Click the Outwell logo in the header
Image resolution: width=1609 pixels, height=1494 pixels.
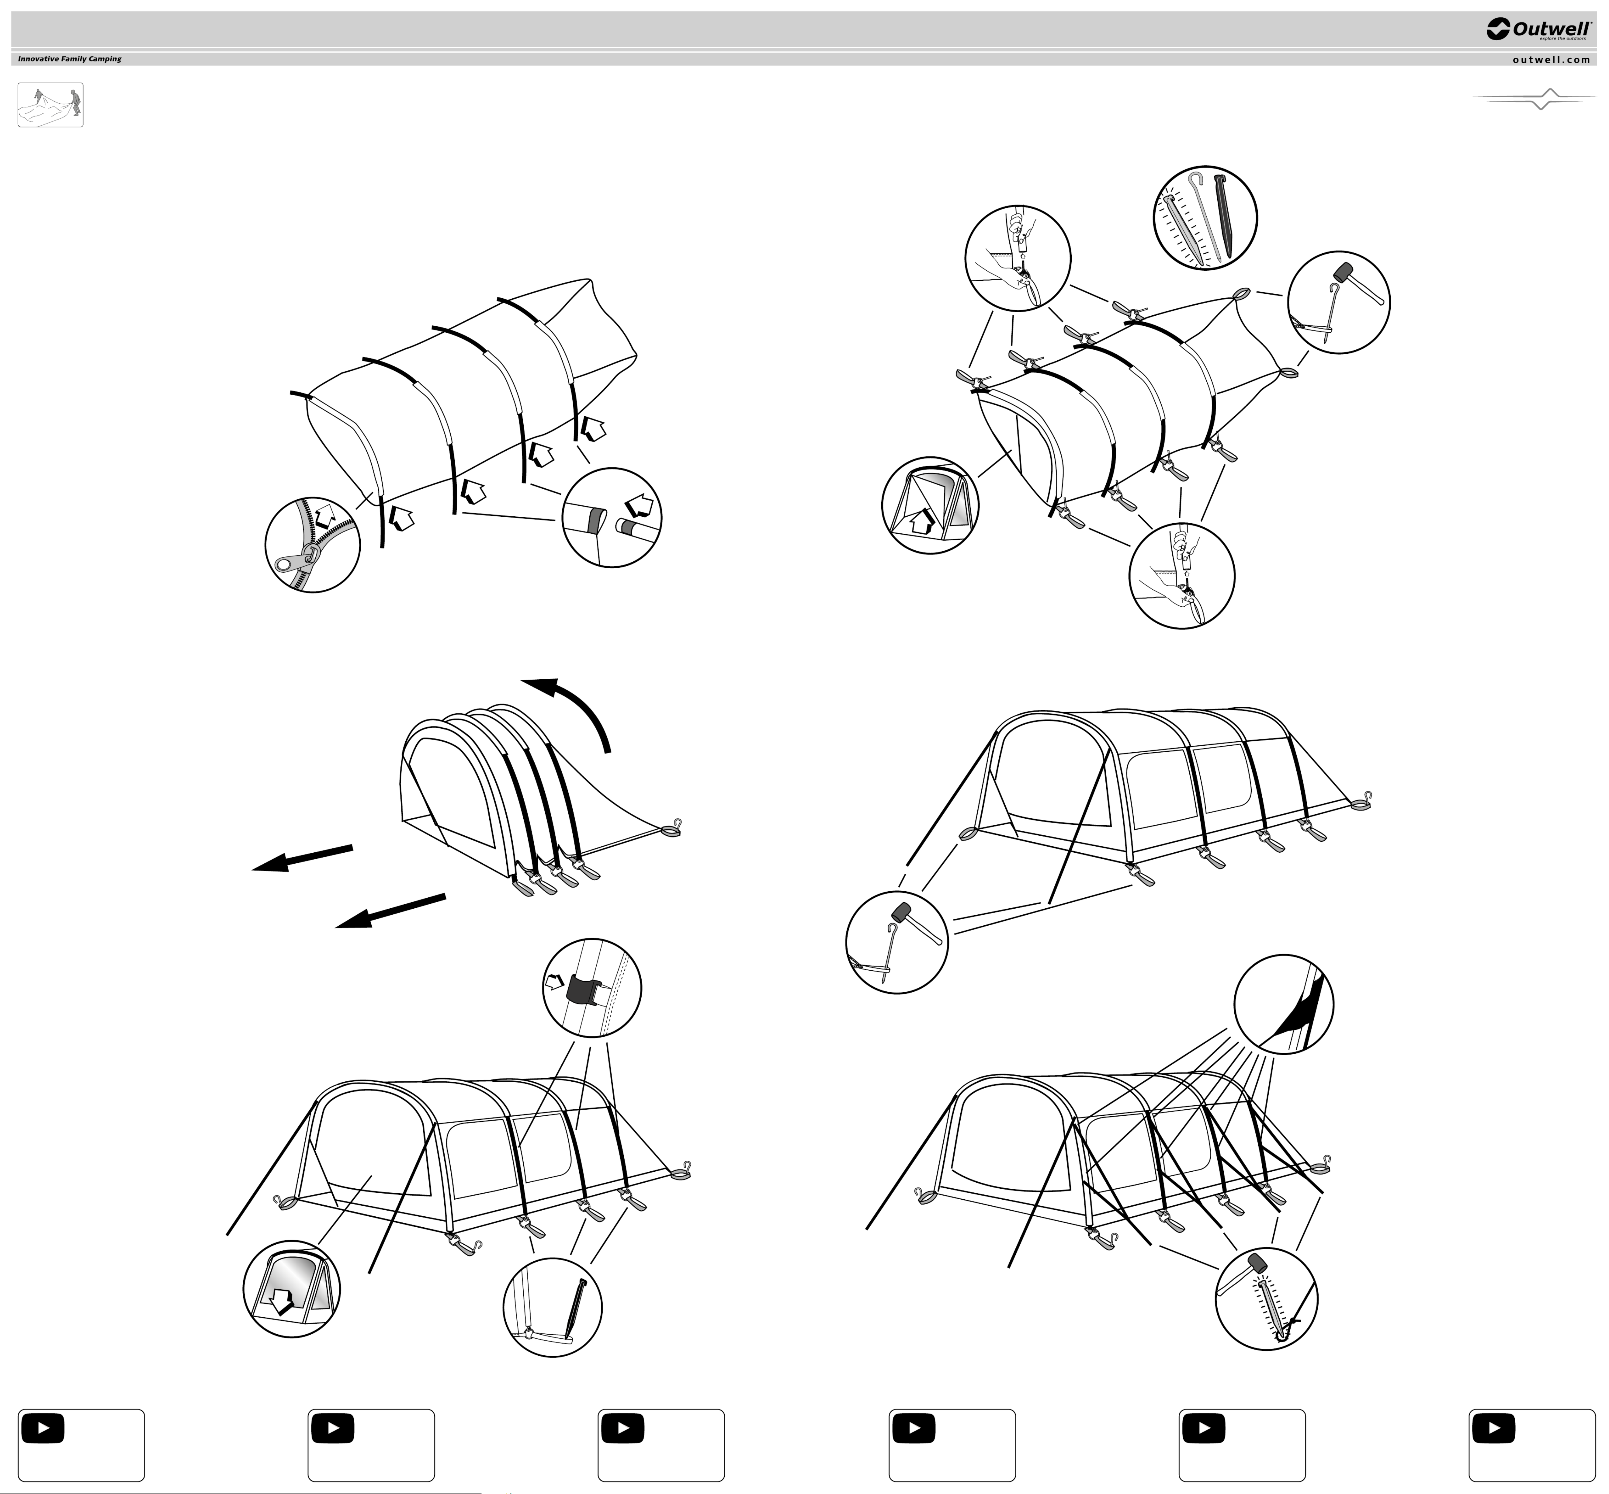coord(1539,29)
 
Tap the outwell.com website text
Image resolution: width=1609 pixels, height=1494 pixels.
coord(1551,59)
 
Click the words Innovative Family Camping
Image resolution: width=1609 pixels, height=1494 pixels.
coord(70,59)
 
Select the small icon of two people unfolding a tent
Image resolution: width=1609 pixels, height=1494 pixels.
coord(50,105)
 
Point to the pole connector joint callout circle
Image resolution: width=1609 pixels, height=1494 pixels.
coord(611,517)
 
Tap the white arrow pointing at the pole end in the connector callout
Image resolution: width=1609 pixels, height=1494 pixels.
coord(640,506)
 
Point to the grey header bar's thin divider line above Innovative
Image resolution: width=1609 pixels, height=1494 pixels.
coord(804,50)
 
